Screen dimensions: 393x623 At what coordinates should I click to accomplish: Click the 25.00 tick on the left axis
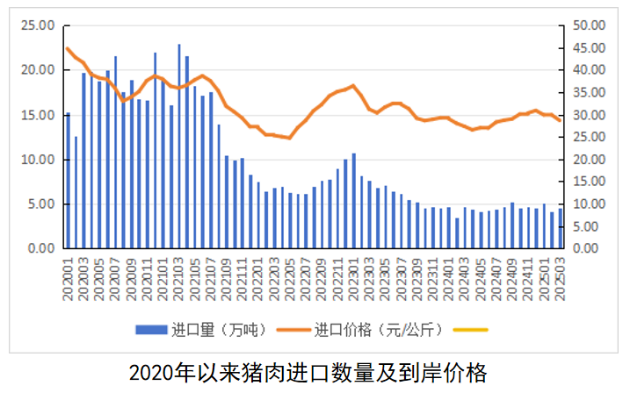(x=38, y=25)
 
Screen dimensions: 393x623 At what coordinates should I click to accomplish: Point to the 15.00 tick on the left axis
(x=38, y=115)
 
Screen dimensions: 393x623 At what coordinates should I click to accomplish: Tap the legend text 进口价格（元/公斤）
(x=380, y=330)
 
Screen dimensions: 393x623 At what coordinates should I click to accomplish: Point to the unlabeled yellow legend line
(x=469, y=330)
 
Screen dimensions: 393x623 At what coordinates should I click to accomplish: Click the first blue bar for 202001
(x=68, y=181)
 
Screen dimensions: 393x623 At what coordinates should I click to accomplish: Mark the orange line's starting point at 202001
(x=68, y=48)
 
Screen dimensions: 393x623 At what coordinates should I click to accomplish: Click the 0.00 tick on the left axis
(x=40, y=248)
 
